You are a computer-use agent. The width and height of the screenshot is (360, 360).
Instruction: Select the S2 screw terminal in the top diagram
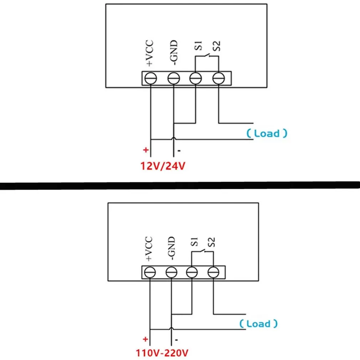[x=218, y=78]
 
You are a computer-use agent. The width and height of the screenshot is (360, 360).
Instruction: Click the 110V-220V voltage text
[x=161, y=353]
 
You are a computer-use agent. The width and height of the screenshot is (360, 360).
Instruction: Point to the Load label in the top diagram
[x=267, y=134]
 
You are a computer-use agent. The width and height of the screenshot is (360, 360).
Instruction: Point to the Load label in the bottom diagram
[x=258, y=324]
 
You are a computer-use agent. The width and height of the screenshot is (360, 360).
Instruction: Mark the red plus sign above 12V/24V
[x=145, y=150]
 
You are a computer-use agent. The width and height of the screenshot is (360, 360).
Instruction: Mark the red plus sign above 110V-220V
[x=145, y=339]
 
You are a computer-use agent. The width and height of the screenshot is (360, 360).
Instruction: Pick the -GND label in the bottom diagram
[x=171, y=248]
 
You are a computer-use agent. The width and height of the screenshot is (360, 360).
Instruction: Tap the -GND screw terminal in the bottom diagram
[x=171, y=273]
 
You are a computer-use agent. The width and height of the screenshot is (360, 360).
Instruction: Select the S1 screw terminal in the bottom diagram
[x=192, y=273]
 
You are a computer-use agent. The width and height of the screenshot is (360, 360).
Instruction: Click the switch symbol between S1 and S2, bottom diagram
[x=202, y=252]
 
